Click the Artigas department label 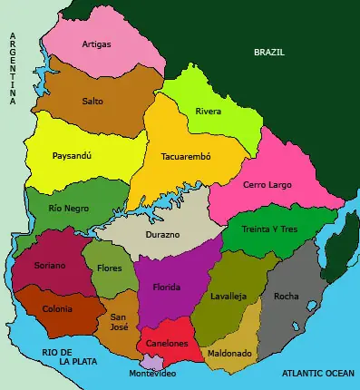(x=97, y=44)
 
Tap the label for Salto (x=92, y=102)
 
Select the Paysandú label (x=73, y=155)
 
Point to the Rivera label (x=209, y=112)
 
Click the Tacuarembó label (x=185, y=156)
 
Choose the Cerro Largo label (x=267, y=185)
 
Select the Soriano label (x=50, y=266)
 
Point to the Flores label (x=110, y=268)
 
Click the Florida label (x=166, y=288)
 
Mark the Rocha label (x=286, y=296)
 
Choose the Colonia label (x=58, y=308)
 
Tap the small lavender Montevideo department (x=151, y=363)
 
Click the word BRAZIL (x=269, y=53)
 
